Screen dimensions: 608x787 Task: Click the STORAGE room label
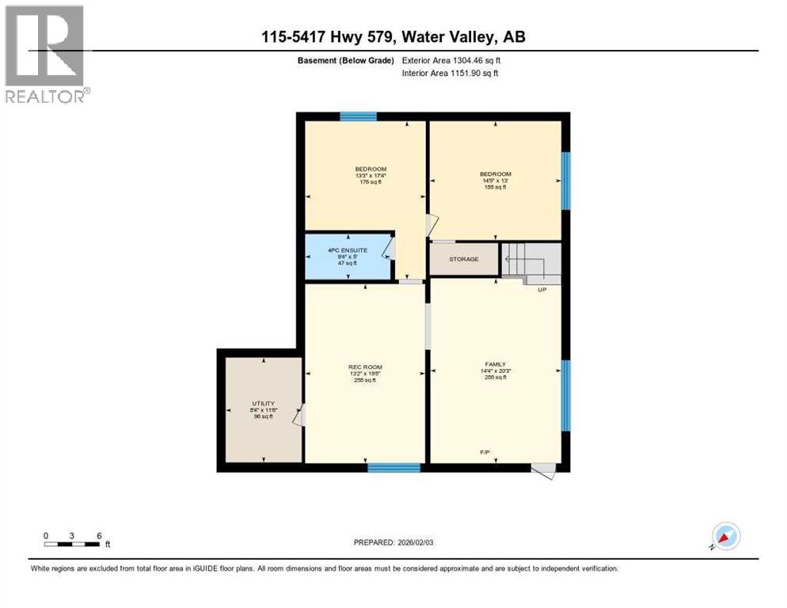coord(464,259)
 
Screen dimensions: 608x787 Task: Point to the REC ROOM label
coord(365,367)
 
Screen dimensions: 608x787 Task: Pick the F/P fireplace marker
coord(485,452)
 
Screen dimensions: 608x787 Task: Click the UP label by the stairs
coord(542,290)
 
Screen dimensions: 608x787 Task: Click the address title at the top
coord(393,36)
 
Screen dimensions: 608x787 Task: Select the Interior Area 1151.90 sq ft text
coord(450,74)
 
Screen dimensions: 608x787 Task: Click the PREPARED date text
coord(394,542)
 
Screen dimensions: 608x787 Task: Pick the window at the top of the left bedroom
coord(358,116)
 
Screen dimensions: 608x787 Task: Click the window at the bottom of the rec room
coord(393,468)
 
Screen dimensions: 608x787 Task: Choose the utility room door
coord(298,416)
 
